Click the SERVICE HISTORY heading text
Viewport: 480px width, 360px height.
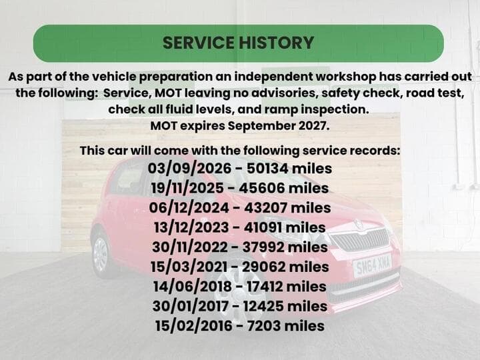238,43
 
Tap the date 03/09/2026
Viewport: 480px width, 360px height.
189,169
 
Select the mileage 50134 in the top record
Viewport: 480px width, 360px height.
267,169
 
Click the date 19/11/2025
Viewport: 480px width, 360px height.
187,188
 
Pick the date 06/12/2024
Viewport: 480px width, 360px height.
189,207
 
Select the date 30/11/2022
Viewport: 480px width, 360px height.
190,247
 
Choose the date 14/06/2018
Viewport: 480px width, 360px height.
192,286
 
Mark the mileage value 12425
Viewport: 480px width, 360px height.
263,306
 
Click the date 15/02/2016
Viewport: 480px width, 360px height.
193,325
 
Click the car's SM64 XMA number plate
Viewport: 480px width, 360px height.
372,265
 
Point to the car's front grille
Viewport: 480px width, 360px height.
361,240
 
